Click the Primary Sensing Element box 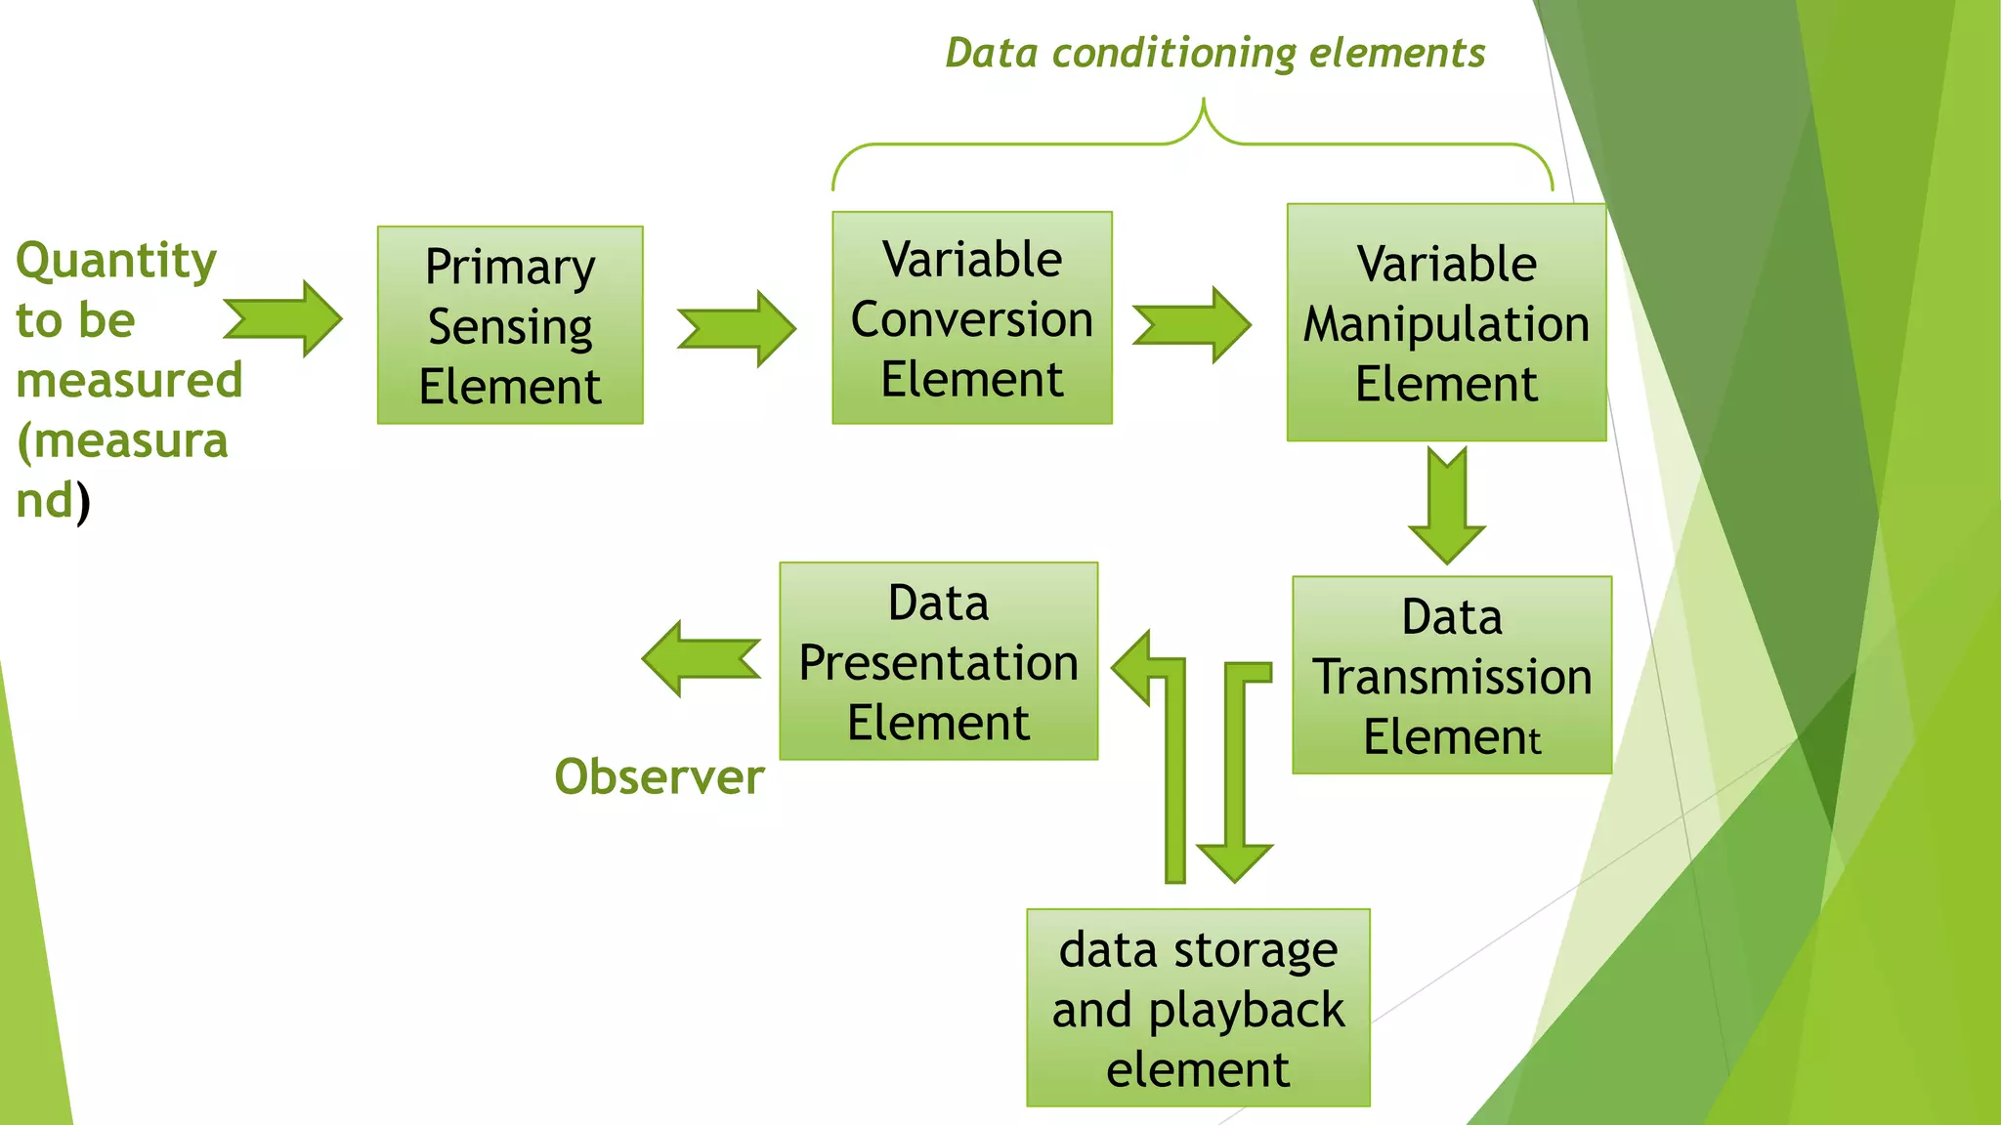point(510,325)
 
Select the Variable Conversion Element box point(971,318)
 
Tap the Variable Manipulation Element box point(1446,322)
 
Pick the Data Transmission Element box point(1451,675)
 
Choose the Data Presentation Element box point(938,661)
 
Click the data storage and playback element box point(1198,1008)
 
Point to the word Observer point(659,777)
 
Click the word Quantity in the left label point(116,261)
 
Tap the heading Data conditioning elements point(1214,54)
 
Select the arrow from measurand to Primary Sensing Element point(283,318)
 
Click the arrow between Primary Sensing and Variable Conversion point(737,328)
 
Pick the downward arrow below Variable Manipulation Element point(1446,506)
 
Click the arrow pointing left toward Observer point(700,658)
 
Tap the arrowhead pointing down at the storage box point(1234,860)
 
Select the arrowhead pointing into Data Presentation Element point(1133,668)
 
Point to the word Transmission point(1452,677)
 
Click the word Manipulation point(1446,324)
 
